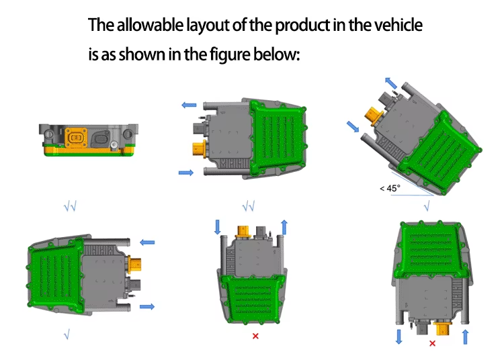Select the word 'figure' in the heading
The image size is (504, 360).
tap(230, 54)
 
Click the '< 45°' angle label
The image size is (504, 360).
tap(390, 188)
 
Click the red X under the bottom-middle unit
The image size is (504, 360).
tap(255, 336)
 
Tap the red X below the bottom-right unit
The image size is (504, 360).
tap(432, 343)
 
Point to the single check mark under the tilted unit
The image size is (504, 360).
tap(427, 206)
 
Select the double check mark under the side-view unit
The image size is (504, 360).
tap(70, 206)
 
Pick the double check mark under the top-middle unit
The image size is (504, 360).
tap(249, 206)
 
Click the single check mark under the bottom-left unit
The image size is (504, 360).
tap(67, 335)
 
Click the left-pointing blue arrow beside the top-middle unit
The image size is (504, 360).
tap(189, 105)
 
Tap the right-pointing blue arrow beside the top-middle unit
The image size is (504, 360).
tap(186, 173)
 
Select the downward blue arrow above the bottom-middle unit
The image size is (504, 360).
tap(218, 227)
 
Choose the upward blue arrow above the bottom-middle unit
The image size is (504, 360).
tap(284, 228)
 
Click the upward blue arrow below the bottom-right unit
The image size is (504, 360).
tap(465, 337)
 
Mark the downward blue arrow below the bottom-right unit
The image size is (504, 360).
tap(399, 337)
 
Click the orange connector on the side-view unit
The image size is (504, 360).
tap(76, 137)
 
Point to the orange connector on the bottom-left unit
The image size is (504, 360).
tap(134, 265)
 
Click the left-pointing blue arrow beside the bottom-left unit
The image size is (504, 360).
tap(147, 242)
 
